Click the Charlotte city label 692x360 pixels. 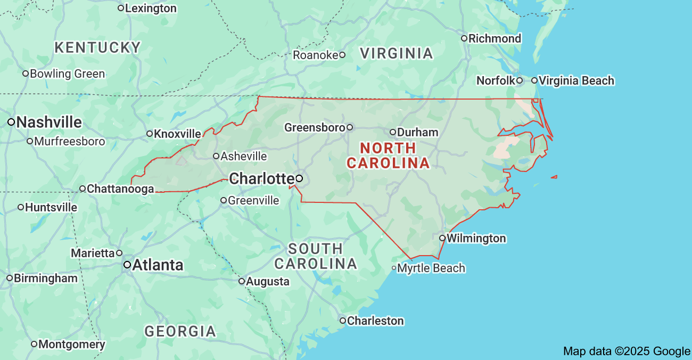point(261,178)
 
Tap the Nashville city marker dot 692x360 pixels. point(11,122)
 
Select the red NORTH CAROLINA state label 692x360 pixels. point(388,156)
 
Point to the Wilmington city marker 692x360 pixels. point(442,238)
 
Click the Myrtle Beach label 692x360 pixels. point(431,268)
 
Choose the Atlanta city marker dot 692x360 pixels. point(127,264)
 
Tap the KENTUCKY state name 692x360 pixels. point(97,47)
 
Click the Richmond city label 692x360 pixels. point(495,38)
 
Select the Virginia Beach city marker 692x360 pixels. point(534,80)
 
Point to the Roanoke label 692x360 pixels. point(315,55)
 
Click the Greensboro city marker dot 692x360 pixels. point(350,127)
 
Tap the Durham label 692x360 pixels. point(417,132)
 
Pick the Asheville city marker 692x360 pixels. point(216,156)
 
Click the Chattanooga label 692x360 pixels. point(120,189)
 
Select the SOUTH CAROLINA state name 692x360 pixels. point(316,256)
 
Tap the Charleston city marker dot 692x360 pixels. point(343,321)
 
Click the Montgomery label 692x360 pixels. point(71,344)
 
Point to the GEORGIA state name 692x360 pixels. point(180,331)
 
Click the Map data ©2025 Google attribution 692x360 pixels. point(627,351)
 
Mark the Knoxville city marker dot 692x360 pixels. point(150,134)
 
